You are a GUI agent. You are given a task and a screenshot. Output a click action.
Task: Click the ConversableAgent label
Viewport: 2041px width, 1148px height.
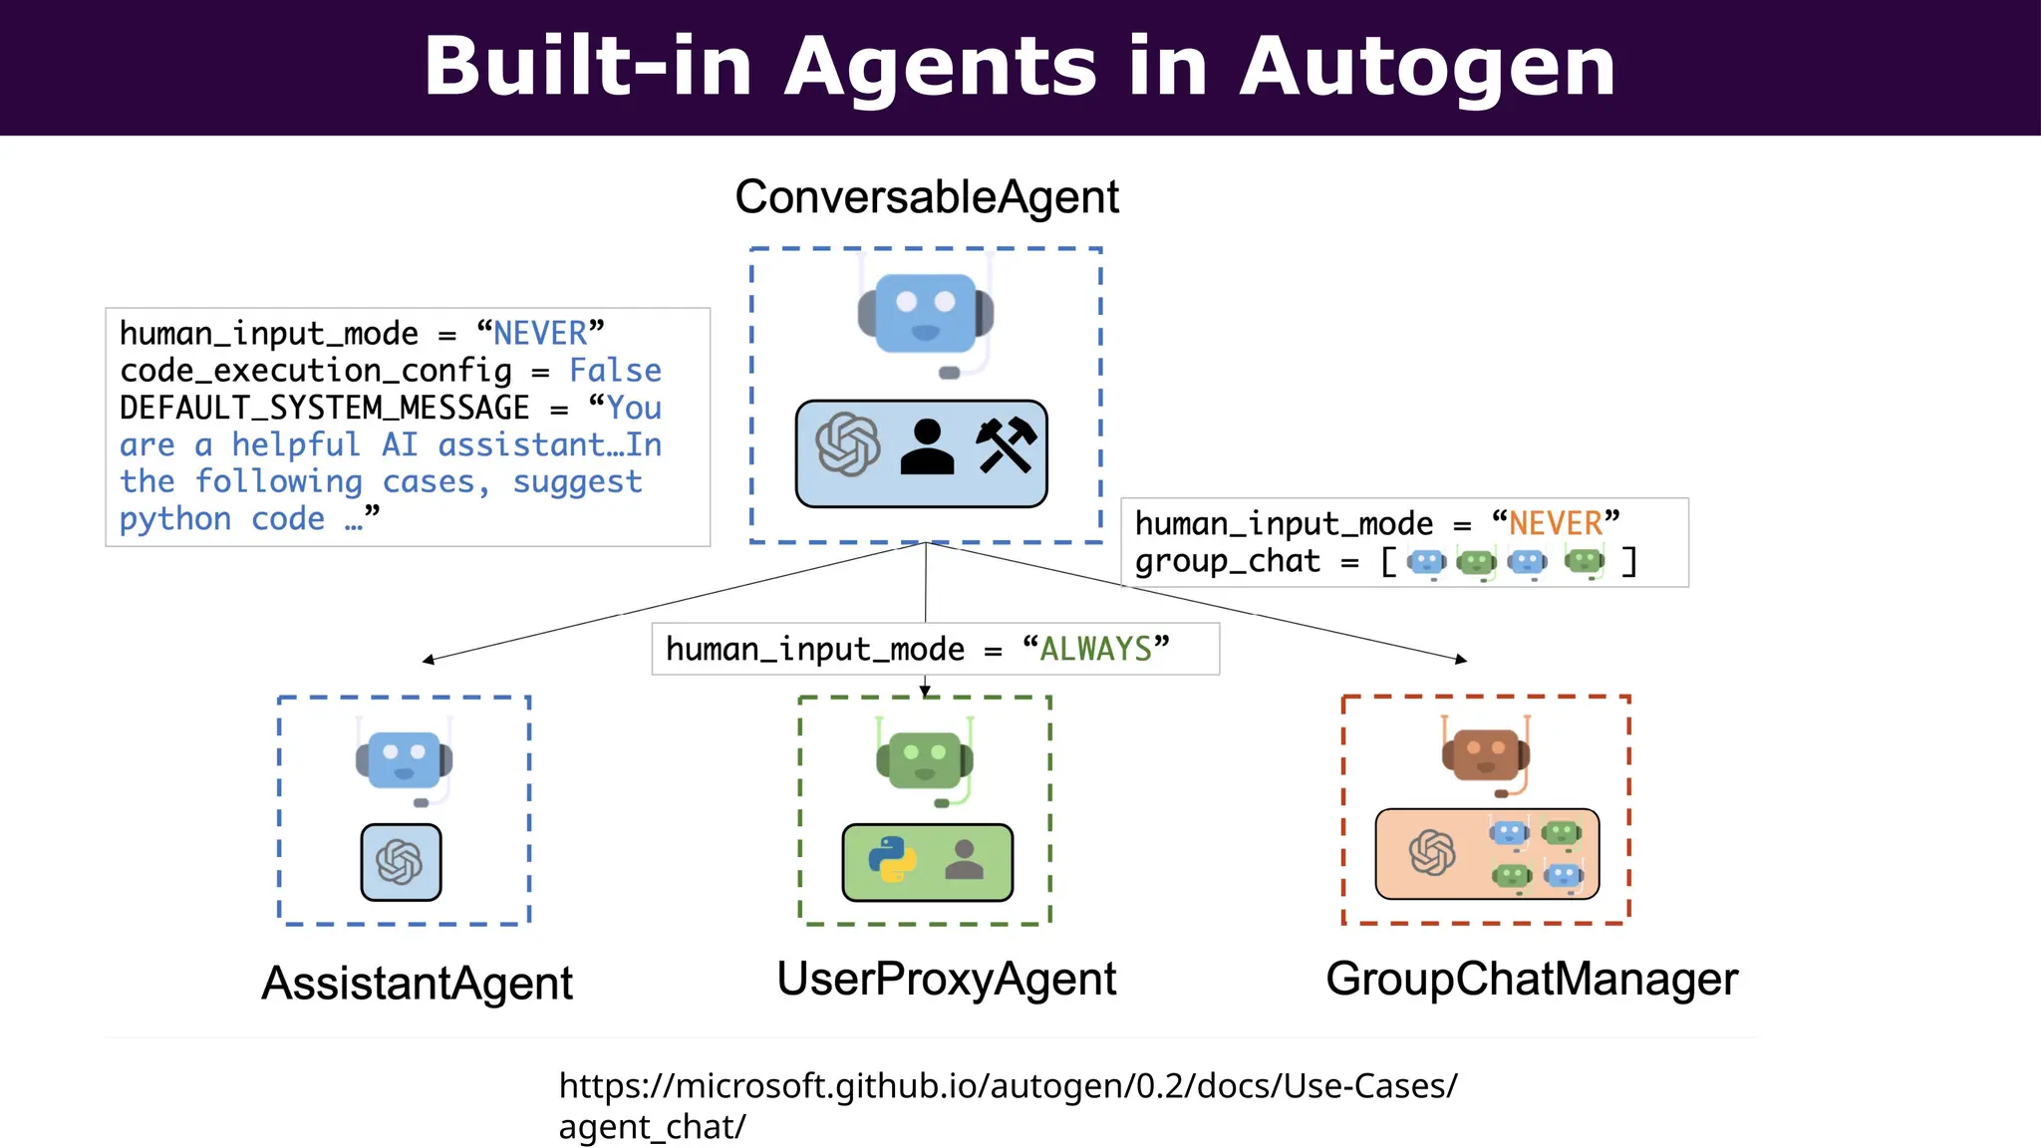927,197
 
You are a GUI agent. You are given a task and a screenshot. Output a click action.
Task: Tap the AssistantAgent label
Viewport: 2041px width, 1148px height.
417,984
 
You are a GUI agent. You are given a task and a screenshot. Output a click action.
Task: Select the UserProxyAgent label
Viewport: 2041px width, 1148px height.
946,979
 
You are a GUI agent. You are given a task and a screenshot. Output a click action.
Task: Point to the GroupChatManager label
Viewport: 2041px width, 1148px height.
1531,979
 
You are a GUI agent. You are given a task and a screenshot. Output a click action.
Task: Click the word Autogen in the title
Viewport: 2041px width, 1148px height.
1426,67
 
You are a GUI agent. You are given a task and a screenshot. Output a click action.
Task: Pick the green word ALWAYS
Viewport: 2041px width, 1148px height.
1095,650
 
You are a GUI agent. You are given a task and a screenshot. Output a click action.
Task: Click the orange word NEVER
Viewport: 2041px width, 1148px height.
1555,524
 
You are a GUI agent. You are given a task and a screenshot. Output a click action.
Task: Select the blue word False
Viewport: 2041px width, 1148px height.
615,371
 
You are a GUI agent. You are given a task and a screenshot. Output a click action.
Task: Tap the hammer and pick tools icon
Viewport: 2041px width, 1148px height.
1006,445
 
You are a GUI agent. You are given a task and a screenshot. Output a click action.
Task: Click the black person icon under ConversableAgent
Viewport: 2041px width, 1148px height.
927,447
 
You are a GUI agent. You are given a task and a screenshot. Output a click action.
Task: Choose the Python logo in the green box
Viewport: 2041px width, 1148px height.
892,859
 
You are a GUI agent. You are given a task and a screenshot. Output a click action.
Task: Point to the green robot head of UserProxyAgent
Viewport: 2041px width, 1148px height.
924,759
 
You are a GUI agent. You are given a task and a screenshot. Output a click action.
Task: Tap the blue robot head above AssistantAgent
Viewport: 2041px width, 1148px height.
404,760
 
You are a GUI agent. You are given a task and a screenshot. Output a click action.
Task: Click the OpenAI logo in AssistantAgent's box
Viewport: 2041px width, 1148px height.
400,863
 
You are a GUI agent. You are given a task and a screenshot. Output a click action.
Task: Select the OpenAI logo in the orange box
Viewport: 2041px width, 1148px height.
1432,853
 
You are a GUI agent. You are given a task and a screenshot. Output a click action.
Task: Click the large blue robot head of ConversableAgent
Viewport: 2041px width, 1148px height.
925,313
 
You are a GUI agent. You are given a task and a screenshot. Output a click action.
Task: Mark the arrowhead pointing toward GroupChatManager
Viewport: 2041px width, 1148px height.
1461,659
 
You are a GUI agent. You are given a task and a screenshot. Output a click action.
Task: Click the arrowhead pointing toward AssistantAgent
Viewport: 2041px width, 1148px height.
429,660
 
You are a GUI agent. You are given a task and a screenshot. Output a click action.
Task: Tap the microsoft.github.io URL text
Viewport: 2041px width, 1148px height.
1007,1086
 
